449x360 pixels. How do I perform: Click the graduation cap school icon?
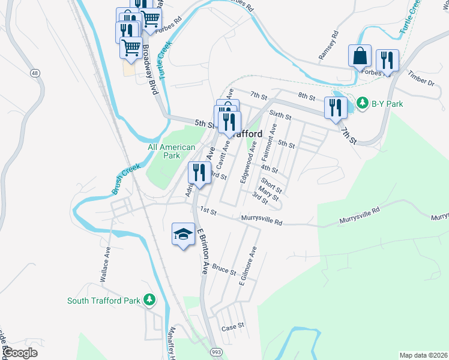183,234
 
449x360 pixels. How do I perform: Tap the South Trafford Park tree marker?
149,300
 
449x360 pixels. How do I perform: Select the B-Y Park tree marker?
363,103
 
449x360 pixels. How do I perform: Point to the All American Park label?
172,151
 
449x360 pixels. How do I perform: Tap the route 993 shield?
215,350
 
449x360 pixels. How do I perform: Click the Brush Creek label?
125,179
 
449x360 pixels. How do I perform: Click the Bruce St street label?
224,271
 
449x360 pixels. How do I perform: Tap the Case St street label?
233,327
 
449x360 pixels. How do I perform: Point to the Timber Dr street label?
421,77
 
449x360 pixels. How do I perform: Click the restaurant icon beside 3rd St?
198,173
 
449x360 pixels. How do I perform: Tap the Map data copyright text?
423,355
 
